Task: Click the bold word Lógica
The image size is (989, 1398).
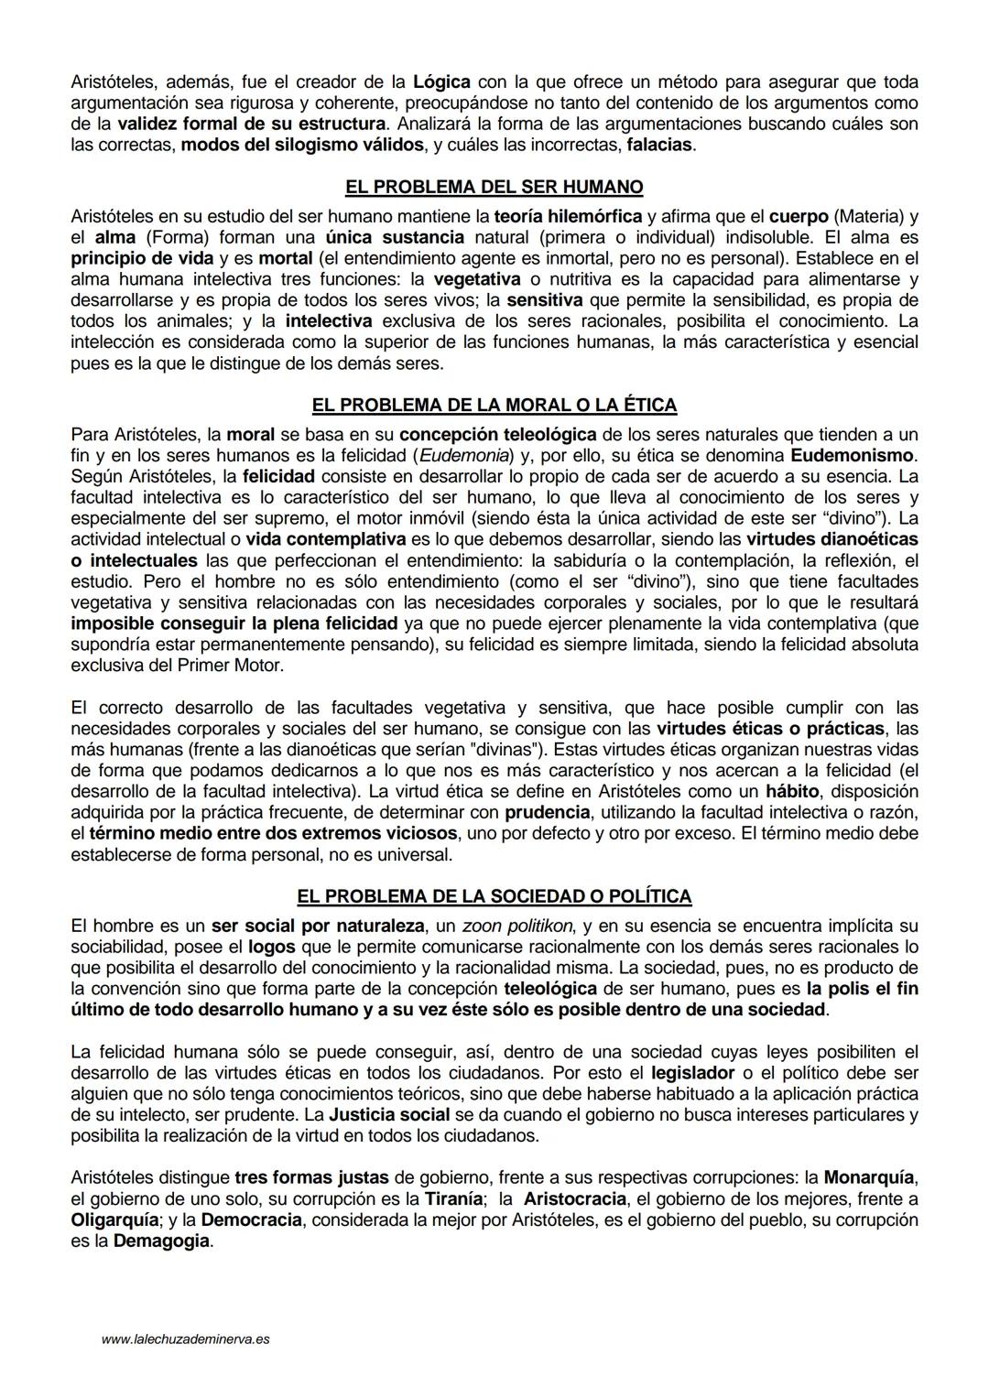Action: (445, 81)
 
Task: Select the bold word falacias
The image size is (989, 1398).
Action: (659, 146)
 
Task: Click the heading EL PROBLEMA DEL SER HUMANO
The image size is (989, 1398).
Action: (494, 187)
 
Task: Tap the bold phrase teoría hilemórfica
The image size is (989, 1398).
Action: (568, 216)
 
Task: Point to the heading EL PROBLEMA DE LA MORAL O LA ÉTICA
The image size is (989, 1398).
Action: (494, 405)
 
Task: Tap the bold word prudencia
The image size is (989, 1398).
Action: (547, 812)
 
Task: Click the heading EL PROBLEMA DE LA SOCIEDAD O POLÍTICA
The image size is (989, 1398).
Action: (494, 896)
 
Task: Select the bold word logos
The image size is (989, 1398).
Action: (271, 947)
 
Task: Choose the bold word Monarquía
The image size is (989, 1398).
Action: (870, 1176)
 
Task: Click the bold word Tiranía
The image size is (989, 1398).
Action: (453, 1198)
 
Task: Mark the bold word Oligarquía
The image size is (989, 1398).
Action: (116, 1219)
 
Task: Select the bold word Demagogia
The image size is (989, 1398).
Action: (162, 1242)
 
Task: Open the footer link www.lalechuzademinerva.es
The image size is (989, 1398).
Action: (186, 1339)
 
